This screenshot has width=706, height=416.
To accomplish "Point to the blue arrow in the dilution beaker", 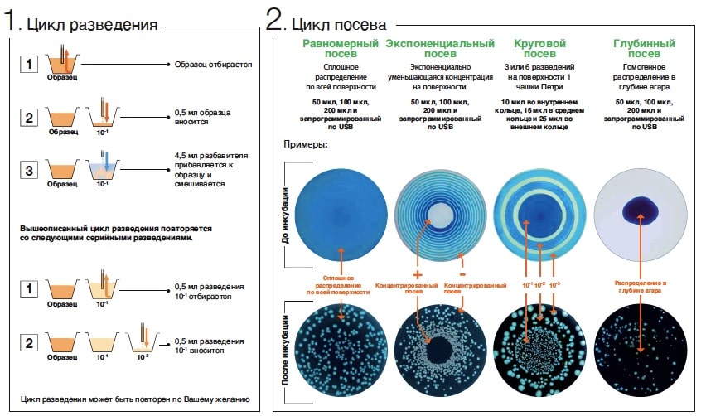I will point(106,161).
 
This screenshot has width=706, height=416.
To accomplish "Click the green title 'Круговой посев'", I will point(539,49).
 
